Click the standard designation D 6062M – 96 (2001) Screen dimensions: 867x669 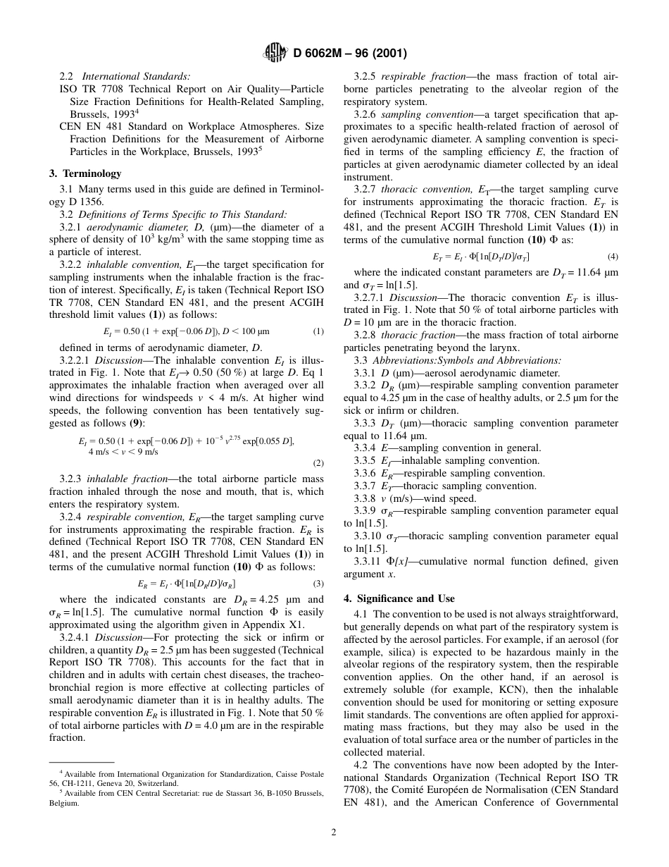coord(345,52)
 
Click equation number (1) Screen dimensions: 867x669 coord(318,331)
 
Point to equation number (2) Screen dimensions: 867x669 coord(318,463)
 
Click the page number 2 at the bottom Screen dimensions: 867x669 coord(334,832)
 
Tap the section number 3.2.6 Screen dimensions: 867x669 coord(367,114)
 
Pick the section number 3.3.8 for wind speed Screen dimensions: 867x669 coord(367,498)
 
